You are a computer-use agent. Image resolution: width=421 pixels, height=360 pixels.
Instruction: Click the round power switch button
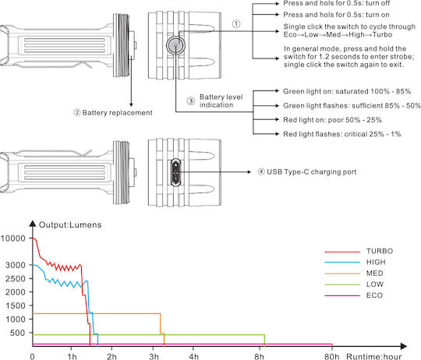tap(175, 45)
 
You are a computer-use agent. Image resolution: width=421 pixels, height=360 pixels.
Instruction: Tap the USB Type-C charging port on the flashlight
tap(176, 172)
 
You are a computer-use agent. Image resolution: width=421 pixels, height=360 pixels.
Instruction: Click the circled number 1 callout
tap(236, 24)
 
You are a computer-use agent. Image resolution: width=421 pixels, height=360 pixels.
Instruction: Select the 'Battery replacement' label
tap(117, 113)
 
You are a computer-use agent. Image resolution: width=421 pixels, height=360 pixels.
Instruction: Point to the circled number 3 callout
tap(191, 101)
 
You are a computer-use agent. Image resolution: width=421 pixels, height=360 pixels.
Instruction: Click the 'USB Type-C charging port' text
tap(311, 172)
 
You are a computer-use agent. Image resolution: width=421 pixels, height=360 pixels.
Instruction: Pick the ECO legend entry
tap(354, 295)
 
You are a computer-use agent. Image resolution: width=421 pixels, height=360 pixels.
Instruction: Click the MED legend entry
tap(354, 274)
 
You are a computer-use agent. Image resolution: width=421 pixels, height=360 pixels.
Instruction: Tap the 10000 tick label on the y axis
tap(13, 238)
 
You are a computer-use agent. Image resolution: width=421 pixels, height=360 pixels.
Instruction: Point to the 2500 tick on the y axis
tap(16, 279)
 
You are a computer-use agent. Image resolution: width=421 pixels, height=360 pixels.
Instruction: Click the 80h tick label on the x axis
tap(331, 357)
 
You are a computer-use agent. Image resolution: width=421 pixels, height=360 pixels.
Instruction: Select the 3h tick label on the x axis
tap(154, 357)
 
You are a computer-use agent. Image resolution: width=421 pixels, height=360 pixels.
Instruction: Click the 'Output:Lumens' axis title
tap(70, 224)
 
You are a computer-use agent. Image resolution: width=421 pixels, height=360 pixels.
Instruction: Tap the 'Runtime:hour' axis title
tap(374, 357)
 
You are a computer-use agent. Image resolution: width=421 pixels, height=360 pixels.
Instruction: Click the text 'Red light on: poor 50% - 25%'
tap(332, 120)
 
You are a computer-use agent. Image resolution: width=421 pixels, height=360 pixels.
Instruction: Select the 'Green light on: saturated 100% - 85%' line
tap(347, 91)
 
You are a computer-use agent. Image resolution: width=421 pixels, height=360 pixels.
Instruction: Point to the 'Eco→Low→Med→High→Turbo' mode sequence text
tap(338, 34)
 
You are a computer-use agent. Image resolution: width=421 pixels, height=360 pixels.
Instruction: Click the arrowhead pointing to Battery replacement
tap(131, 105)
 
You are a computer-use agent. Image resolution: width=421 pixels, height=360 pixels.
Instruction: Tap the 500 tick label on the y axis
tap(18, 333)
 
